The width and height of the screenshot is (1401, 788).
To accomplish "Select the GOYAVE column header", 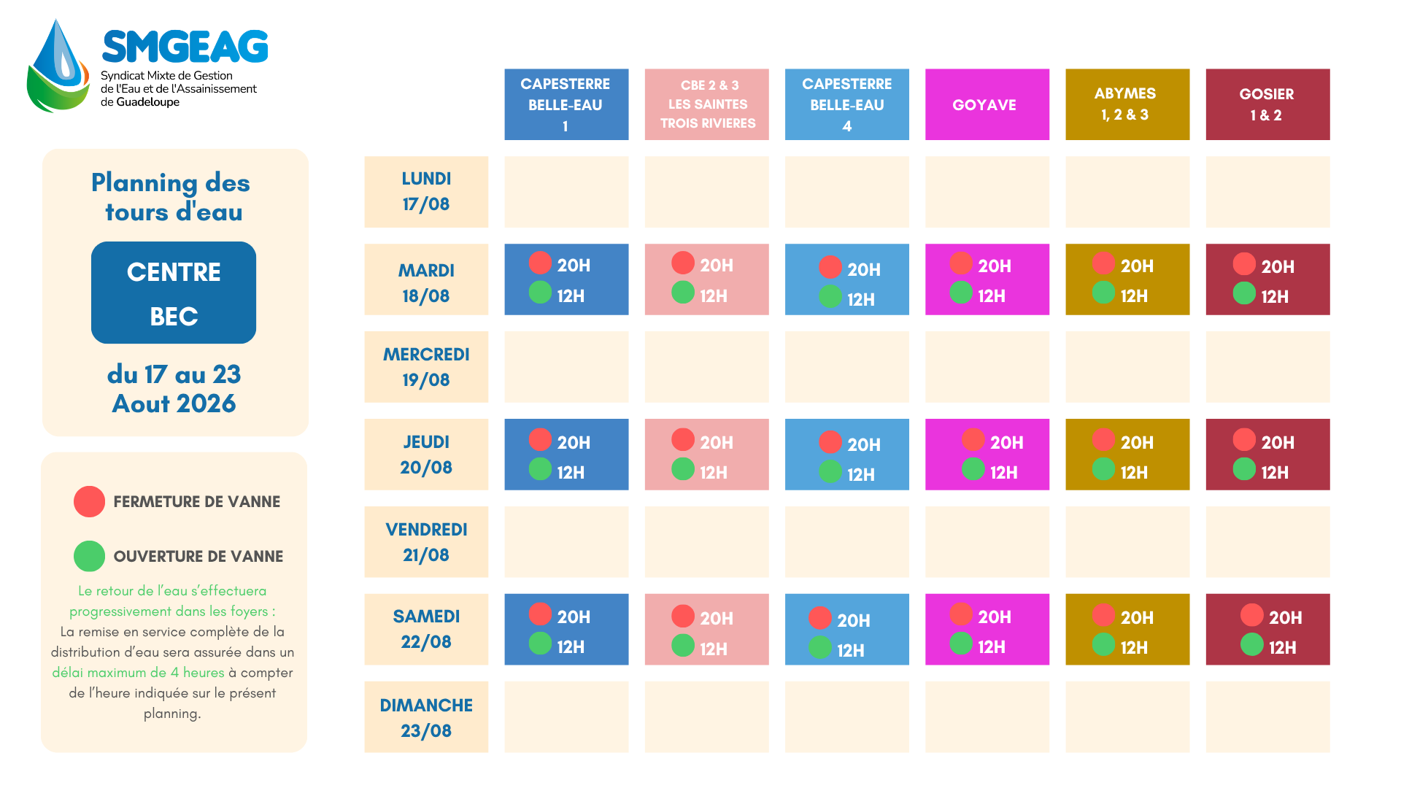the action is pos(987,104).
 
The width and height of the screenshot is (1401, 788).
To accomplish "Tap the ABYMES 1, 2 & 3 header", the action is pos(1127,104).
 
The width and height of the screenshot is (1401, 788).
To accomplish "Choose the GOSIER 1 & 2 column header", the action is pos(1267,104).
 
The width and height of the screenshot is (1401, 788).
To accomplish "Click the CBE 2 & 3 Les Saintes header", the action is pos(706,104).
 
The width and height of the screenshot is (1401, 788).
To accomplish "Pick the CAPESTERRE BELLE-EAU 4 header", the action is pos(847,104).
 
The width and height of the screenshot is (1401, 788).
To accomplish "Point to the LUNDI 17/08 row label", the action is pos(426,191).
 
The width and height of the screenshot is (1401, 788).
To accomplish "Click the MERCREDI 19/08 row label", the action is pos(426,367).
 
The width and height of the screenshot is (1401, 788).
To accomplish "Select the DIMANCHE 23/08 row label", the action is pos(426,717).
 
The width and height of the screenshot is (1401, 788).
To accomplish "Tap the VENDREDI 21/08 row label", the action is pos(426,542).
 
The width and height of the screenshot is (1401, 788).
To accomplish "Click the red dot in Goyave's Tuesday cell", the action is pos(961,263).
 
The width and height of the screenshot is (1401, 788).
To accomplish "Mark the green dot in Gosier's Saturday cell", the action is pos(1252,644).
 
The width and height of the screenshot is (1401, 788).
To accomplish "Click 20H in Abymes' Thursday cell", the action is pos(1137,442).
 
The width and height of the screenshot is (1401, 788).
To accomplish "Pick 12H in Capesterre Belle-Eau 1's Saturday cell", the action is pos(571,646).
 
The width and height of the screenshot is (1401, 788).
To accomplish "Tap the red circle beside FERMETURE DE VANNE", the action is pos(89,501).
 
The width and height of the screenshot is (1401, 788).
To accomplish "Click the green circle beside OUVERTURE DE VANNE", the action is pos(89,556).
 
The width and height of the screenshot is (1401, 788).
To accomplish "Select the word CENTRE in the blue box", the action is pos(174,272).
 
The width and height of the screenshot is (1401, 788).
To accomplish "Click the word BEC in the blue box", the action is pos(174,317).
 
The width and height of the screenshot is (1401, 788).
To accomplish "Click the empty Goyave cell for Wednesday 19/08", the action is pos(987,367).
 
